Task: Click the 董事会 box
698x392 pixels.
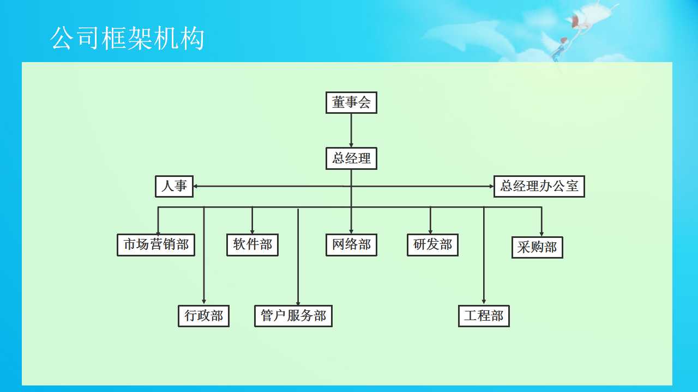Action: pyautogui.click(x=351, y=102)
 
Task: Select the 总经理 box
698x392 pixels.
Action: pyautogui.click(x=351, y=158)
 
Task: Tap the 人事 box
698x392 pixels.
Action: pyautogui.click(x=174, y=186)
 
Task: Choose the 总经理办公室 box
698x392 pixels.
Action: pyautogui.click(x=539, y=186)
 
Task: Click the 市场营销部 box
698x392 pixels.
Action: pyautogui.click(x=156, y=245)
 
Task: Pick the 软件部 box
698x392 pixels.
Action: pyautogui.click(x=252, y=245)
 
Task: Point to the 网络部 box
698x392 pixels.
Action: pyautogui.click(x=351, y=245)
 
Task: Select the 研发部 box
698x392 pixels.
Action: pyautogui.click(x=432, y=245)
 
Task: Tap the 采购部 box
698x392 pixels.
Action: pyautogui.click(x=537, y=247)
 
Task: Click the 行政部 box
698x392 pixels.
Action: pyautogui.click(x=203, y=316)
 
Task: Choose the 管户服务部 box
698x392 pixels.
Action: pyautogui.click(x=293, y=316)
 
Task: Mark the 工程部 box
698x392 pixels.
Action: pyautogui.click(x=484, y=316)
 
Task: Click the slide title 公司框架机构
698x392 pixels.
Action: pyautogui.click(x=128, y=39)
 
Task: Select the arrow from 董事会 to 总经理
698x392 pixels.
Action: pyautogui.click(x=351, y=130)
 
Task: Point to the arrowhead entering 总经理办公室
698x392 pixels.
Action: pyautogui.click(x=491, y=186)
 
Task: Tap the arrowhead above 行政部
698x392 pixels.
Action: pyautogui.click(x=204, y=301)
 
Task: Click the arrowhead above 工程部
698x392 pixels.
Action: pyautogui.click(x=484, y=301)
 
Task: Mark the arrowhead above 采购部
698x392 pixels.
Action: pyautogui.click(x=541, y=232)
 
